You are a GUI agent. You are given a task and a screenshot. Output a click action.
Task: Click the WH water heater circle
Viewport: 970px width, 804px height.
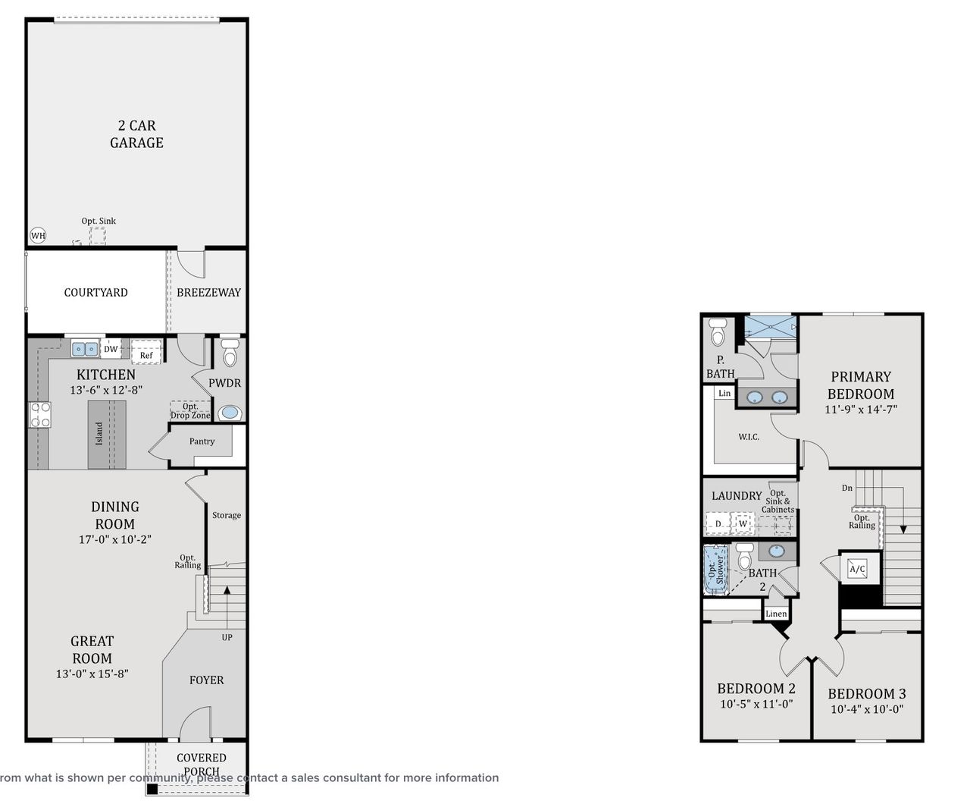[38, 236]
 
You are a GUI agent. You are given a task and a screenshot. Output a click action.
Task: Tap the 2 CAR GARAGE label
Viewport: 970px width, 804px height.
[136, 134]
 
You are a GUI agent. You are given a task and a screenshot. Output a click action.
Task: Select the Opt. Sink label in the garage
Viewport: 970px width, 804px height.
[99, 221]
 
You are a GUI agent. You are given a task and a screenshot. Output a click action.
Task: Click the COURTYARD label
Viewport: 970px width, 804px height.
[95, 293]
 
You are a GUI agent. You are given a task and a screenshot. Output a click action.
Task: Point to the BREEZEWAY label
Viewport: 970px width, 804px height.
[208, 293]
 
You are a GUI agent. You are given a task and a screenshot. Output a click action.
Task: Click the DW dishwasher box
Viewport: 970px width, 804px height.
[111, 350]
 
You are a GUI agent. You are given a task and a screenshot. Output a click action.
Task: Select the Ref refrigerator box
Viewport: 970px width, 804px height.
[146, 354]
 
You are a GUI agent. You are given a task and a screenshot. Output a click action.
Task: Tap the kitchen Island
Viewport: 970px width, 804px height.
[106, 435]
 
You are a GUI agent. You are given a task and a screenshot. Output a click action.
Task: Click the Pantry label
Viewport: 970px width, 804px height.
[202, 441]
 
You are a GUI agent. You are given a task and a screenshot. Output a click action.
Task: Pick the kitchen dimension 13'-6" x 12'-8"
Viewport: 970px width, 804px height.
[106, 390]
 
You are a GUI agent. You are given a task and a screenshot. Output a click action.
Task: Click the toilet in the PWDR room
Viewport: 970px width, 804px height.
[230, 353]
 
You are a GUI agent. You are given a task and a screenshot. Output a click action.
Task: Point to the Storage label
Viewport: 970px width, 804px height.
[227, 515]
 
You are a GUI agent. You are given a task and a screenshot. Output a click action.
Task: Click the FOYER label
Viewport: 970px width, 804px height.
[206, 680]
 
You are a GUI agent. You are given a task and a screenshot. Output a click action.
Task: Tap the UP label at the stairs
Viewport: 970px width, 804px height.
[227, 637]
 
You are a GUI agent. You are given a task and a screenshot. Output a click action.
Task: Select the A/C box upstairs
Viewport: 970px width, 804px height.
[858, 569]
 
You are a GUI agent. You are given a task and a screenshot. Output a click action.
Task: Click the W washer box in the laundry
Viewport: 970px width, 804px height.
[743, 523]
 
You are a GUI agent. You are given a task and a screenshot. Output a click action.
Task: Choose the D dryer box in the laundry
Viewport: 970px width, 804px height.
[718, 523]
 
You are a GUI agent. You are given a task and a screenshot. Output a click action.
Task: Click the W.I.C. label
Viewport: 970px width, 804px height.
[749, 438]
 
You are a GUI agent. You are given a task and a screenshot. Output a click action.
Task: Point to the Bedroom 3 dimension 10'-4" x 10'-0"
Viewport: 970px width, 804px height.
[867, 710]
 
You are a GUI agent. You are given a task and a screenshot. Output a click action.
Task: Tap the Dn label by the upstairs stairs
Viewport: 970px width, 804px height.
[847, 488]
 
